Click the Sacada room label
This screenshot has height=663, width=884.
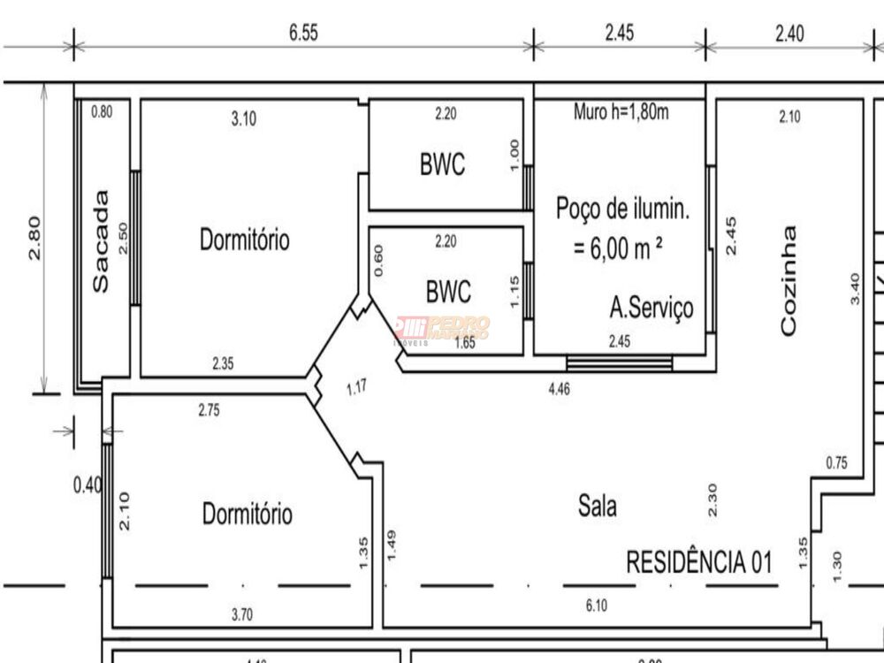point(103,241)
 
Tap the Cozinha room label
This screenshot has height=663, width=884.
point(789,281)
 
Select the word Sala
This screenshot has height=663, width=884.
point(598,507)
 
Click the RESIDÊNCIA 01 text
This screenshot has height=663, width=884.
point(699,561)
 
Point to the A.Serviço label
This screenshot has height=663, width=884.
point(652,308)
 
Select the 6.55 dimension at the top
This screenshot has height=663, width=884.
point(302,33)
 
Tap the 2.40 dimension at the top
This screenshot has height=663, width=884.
point(789,34)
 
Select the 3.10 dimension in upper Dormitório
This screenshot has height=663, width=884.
point(243,119)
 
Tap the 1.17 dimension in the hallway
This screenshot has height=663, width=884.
point(357,387)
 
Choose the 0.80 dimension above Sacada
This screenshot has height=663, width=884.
point(102,112)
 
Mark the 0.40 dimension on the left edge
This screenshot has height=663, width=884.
point(88,485)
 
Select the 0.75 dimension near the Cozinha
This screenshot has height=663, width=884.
point(836,462)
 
